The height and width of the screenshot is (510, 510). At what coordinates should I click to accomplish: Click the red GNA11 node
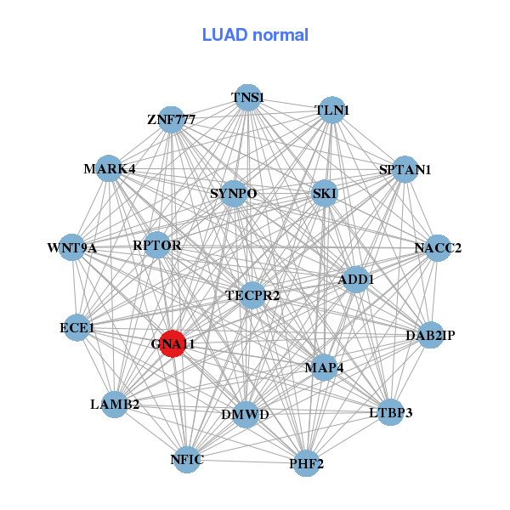pos(173,343)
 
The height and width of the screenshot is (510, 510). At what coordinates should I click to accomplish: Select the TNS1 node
pos(247,98)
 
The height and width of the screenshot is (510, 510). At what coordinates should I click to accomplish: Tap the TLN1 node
pos(331,110)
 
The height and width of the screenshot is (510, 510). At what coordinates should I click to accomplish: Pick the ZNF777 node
pos(172,120)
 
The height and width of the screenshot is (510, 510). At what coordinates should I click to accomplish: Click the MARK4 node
pos(108,168)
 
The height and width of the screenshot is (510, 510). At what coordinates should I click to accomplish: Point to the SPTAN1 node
pos(405,169)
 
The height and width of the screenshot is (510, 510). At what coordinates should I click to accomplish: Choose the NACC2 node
pos(438,248)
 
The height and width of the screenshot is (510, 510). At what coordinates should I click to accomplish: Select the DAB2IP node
pos(430,336)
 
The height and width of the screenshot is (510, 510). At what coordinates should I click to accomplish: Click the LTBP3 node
pos(390,413)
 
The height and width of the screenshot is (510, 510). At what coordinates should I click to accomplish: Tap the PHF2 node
pos(307,464)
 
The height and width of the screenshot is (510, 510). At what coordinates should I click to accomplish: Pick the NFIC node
pos(187,460)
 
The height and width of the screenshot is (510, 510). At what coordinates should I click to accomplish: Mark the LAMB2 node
pos(115,404)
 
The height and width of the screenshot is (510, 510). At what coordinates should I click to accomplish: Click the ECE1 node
pos(77,327)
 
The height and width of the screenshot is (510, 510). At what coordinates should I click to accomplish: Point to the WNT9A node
pos(72,248)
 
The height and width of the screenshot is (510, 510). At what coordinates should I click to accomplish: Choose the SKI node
pos(325,194)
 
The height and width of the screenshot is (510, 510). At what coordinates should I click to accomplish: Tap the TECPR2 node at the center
pos(252,295)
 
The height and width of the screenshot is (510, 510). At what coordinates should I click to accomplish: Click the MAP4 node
pos(323,367)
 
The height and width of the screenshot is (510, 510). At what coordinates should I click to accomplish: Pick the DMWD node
pos(245,415)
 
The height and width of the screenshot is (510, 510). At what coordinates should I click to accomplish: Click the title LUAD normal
pos(255,35)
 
